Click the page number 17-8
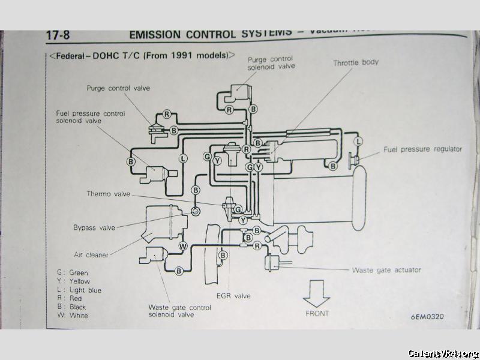pos(58,35)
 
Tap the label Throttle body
pos(356,62)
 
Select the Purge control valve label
pos(118,88)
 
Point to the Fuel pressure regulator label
pos(423,149)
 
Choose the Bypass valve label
pos(94,227)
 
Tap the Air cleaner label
pos(91,254)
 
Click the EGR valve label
pos(233,296)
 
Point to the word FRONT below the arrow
pos(317,313)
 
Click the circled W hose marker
pos(183,246)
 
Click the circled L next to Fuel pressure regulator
pos(358,142)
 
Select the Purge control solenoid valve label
pos(271,63)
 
